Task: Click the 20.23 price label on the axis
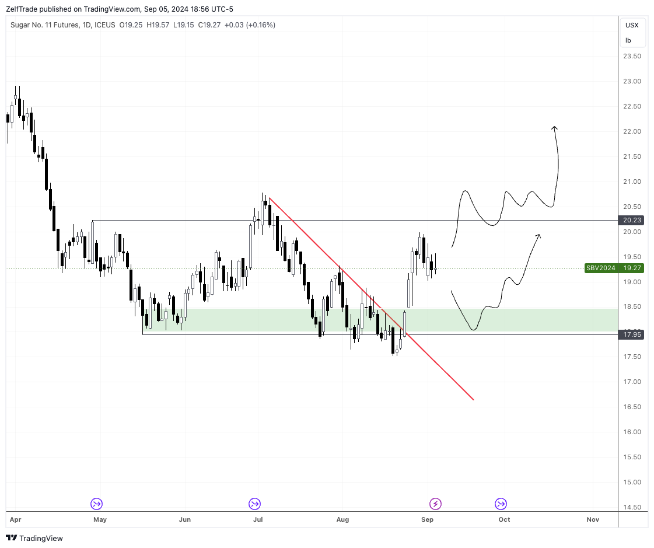coord(632,220)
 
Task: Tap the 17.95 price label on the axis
coord(632,334)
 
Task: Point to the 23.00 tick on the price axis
coord(632,81)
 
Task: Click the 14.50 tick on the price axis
coord(632,507)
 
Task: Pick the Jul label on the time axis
coord(257,519)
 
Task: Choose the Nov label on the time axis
coord(593,519)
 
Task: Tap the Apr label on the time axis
coord(15,519)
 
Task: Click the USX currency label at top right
coord(632,25)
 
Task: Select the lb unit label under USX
coord(628,40)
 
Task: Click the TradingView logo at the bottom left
coord(34,538)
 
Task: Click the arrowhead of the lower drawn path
coord(538,235)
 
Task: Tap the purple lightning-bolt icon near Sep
coord(435,503)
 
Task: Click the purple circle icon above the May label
coord(96,503)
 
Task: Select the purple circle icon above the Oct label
coord(501,503)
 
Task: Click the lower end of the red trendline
coord(473,400)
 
